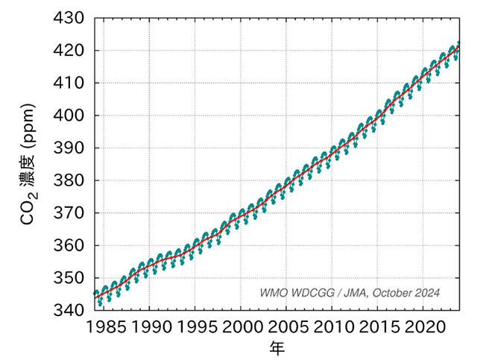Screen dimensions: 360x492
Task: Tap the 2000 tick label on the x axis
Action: click(242, 326)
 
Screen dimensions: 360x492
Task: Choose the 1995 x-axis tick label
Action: click(195, 326)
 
